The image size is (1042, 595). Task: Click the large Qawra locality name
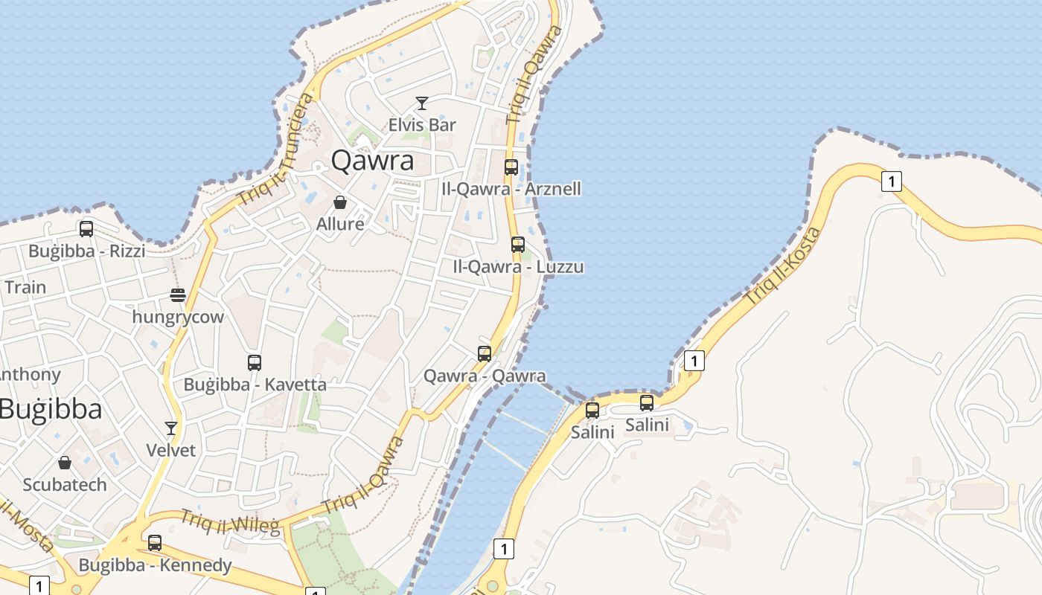tap(372, 160)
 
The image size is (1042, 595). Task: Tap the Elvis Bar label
tap(422, 124)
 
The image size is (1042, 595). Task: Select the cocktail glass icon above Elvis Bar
tap(422, 103)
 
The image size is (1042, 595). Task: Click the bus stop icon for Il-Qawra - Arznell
tap(511, 167)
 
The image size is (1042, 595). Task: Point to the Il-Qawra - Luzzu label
tap(518, 266)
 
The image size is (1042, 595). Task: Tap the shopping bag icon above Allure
tap(340, 202)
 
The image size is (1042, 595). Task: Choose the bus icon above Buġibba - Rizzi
tap(86, 229)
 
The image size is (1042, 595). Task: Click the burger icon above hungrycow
tap(177, 295)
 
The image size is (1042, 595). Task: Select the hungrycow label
tap(178, 317)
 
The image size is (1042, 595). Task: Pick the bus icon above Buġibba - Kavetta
tap(255, 363)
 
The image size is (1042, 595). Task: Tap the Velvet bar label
tap(171, 450)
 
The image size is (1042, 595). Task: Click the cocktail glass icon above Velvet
tap(171, 428)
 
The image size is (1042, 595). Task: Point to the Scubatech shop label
tap(65, 485)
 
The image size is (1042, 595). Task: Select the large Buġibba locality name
tap(51, 409)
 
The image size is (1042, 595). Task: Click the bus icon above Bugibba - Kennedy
tap(155, 543)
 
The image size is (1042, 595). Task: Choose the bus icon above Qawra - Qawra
tap(485, 354)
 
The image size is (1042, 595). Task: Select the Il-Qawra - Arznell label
tap(511, 189)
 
